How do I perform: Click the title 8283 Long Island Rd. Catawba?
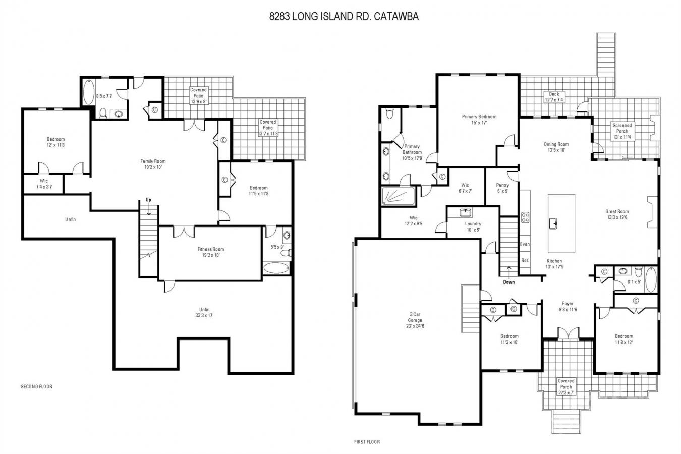(344, 17)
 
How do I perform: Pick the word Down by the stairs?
(509, 282)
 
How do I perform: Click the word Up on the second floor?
(148, 200)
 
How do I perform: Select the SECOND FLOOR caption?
(36, 387)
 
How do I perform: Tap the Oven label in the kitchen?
(525, 244)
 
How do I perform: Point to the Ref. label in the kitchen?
(525, 260)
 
